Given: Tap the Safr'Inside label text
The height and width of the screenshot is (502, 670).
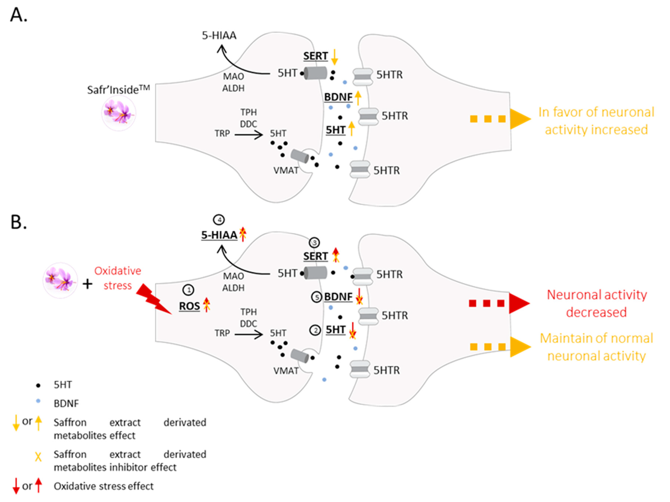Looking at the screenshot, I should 118,90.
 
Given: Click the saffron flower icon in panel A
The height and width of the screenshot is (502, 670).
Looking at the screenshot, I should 118,113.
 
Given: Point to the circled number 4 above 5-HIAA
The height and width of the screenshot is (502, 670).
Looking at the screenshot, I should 219,220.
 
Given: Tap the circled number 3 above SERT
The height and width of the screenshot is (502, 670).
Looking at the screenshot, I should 314,242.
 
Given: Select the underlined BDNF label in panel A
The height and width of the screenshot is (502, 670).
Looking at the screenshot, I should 338,97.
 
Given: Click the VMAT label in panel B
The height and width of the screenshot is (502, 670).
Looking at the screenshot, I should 286,371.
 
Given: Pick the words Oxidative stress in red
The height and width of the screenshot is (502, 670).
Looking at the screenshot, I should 118,278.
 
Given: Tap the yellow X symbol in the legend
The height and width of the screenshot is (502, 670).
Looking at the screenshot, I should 38,456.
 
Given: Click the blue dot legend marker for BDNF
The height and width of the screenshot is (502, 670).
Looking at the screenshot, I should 38,401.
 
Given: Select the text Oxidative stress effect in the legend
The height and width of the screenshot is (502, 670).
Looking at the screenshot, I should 104,486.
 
